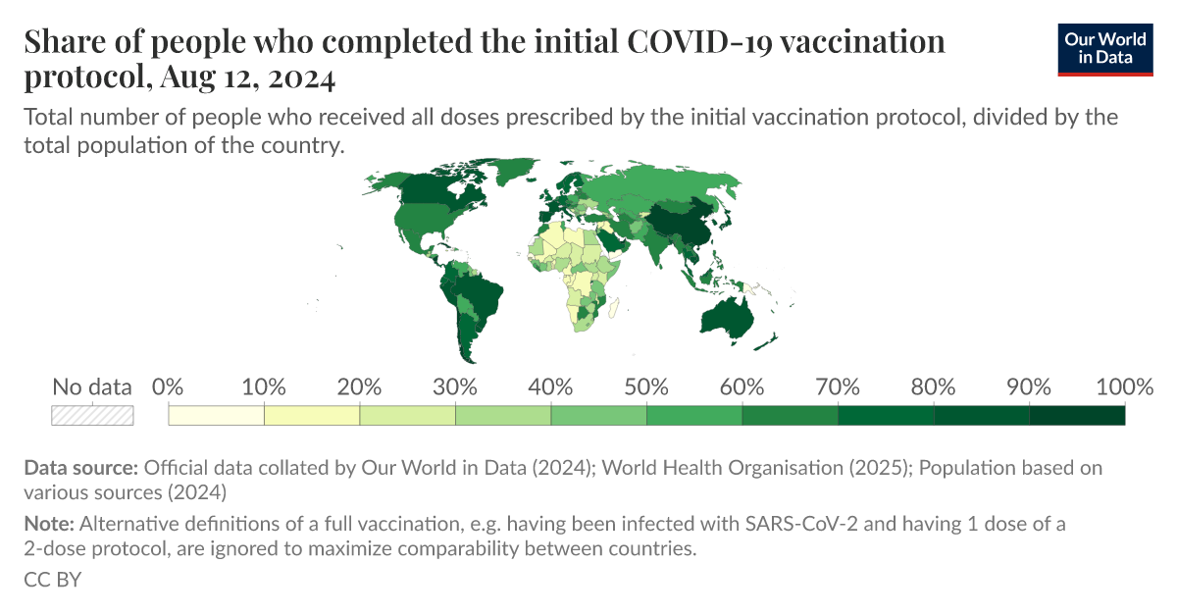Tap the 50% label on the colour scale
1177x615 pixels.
point(646,387)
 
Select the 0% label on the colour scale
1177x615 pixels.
point(169,387)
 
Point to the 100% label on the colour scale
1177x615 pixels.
point(1123,387)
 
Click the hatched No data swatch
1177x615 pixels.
point(92,415)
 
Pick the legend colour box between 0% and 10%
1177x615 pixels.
point(217,415)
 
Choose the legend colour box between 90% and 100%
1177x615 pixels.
point(1077,415)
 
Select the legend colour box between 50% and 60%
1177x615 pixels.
point(694,415)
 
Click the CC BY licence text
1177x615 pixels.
point(52,580)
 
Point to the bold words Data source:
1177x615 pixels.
point(79,468)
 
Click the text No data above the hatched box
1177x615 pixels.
point(92,387)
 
